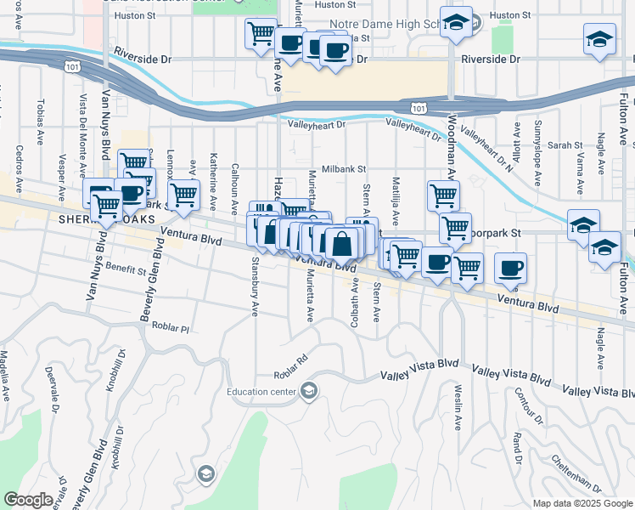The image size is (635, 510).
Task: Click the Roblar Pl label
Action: [169, 326]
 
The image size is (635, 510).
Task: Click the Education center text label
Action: [261, 392]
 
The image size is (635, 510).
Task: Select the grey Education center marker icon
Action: [309, 391]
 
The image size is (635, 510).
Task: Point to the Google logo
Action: [29, 500]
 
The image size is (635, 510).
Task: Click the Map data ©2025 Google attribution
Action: [582, 503]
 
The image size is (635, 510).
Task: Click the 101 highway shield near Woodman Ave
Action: [417, 107]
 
